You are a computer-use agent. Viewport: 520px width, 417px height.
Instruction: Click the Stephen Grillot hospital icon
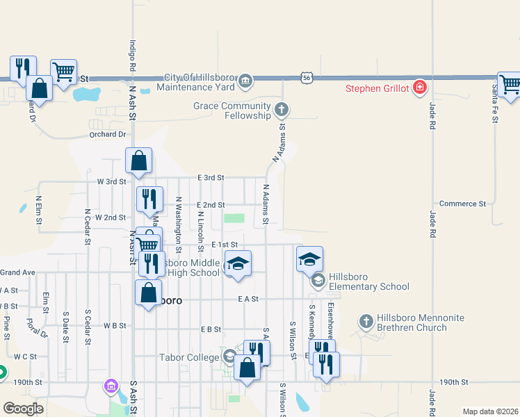pyautogui.click(x=419, y=88)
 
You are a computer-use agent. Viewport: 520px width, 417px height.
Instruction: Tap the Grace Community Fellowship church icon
pyautogui.click(x=282, y=109)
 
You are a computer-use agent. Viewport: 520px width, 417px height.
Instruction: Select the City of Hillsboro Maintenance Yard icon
pyautogui.click(x=245, y=83)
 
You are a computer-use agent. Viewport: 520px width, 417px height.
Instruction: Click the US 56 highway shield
pyautogui.click(x=307, y=79)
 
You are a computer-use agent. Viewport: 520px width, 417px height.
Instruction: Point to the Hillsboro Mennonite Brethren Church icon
pyautogui.click(x=366, y=321)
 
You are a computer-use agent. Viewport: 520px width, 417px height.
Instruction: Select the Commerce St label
pyautogui.click(x=462, y=204)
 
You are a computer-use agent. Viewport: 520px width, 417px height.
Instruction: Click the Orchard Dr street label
pyautogui.click(x=107, y=134)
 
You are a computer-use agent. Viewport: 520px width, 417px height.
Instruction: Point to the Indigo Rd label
pyautogui.click(x=131, y=56)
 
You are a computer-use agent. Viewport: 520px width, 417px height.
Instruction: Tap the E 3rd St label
pyautogui.click(x=211, y=178)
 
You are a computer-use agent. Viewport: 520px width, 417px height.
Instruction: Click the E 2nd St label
pyautogui.click(x=211, y=205)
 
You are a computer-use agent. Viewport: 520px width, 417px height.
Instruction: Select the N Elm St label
pyautogui.click(x=39, y=210)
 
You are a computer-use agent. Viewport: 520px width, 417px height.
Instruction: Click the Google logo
pyautogui.click(x=24, y=409)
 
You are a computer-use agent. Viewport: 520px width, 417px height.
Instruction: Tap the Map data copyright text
pyautogui.click(x=489, y=411)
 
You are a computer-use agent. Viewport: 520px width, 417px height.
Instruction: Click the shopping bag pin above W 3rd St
pyautogui.click(x=139, y=160)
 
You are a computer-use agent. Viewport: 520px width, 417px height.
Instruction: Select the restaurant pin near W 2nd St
pyautogui.click(x=149, y=199)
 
